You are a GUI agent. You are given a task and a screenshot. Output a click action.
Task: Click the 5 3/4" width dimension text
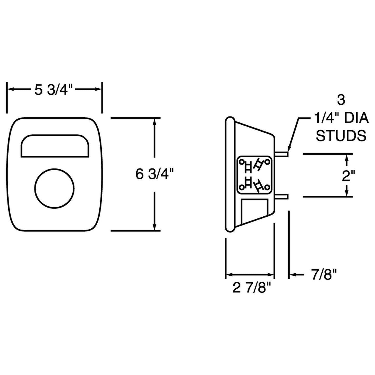(x=54, y=90)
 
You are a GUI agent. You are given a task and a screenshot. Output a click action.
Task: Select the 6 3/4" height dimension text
(x=154, y=174)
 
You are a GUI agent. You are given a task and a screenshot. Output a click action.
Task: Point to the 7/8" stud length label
(x=324, y=274)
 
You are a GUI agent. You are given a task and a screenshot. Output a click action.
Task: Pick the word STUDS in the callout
(x=341, y=136)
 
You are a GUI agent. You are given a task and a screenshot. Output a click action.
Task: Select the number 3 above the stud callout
(x=341, y=100)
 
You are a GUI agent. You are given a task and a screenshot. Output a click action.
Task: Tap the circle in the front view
(x=54, y=188)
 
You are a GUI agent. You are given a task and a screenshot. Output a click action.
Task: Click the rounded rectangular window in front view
(x=55, y=146)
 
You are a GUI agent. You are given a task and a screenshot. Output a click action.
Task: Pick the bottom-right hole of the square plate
(x=267, y=187)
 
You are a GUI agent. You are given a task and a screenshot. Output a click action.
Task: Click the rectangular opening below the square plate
(x=254, y=210)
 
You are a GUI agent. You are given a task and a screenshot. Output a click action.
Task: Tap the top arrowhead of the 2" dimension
(x=346, y=157)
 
